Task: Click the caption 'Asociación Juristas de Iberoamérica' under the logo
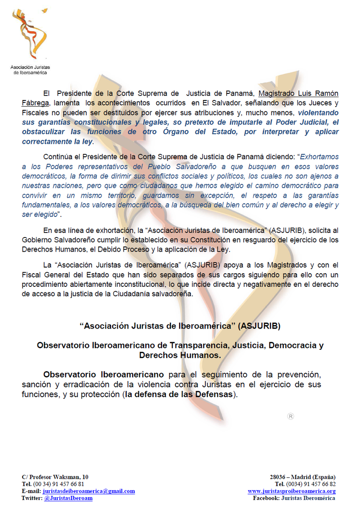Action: click(30, 70)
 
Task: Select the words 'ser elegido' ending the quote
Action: click(39, 215)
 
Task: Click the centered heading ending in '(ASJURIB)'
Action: click(180, 325)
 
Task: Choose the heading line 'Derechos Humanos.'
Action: click(180, 355)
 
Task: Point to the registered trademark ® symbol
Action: click(290, 416)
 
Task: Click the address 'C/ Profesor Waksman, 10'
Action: click(55, 477)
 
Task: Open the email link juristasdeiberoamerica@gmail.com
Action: click(89, 491)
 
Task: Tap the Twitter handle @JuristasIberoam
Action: click(68, 498)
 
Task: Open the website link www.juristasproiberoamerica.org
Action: click(291, 491)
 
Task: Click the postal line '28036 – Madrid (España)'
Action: click(303, 477)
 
